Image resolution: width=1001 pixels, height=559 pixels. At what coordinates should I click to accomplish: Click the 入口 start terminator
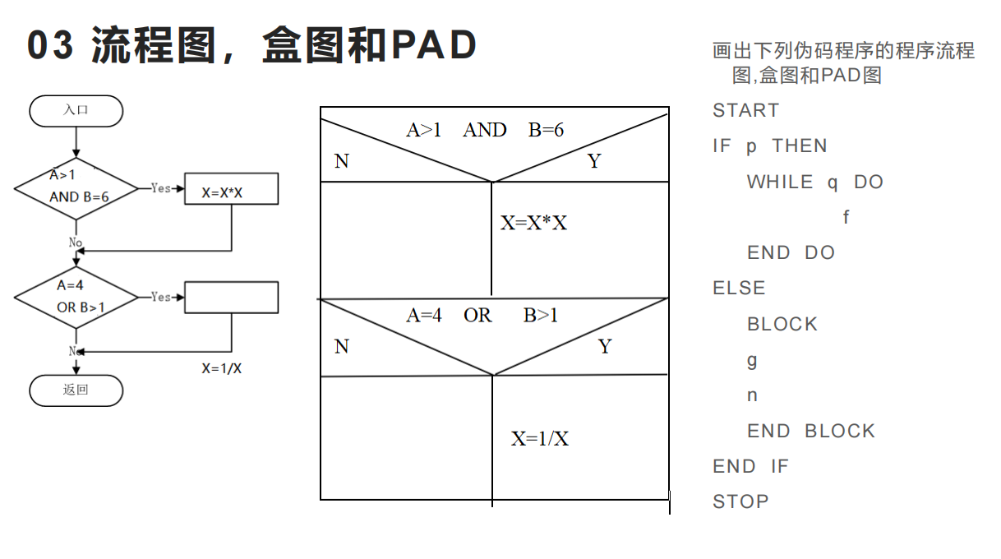click(x=76, y=111)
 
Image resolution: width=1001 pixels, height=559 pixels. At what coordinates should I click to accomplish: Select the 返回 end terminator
click(x=76, y=390)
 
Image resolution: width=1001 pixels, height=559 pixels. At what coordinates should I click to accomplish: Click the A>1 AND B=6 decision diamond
click(x=76, y=188)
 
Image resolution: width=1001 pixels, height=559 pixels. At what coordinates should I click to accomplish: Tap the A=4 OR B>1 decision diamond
click(x=76, y=297)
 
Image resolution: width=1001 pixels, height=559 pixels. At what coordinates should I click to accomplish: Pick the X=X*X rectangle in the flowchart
click(x=231, y=189)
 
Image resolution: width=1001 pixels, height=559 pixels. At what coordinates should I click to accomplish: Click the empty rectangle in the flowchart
click(x=231, y=297)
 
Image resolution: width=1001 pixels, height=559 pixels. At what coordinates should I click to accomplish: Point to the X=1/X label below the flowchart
click(x=222, y=368)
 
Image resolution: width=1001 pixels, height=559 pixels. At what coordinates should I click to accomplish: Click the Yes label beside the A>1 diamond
click(x=161, y=188)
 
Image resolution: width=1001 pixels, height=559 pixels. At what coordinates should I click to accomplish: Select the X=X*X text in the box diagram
click(x=534, y=223)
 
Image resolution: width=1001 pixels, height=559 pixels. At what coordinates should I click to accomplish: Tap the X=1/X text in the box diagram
click(x=540, y=439)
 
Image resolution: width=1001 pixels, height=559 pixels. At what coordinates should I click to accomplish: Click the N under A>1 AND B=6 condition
click(x=342, y=162)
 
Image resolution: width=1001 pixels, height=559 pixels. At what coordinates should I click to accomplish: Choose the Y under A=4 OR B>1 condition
click(x=605, y=347)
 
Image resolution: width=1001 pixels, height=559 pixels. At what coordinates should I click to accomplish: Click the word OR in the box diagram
click(x=477, y=316)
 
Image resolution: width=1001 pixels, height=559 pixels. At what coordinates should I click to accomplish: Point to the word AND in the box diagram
click(x=485, y=130)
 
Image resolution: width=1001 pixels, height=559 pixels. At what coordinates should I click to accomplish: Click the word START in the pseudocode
click(x=745, y=111)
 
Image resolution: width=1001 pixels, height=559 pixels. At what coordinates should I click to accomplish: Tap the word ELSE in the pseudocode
click(x=739, y=289)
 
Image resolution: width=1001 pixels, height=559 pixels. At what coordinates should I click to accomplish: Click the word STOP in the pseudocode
click(x=740, y=502)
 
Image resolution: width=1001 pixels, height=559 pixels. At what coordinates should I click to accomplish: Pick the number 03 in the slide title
click(x=51, y=46)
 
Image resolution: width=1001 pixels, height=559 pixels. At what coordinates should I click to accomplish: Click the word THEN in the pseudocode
click(x=800, y=146)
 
